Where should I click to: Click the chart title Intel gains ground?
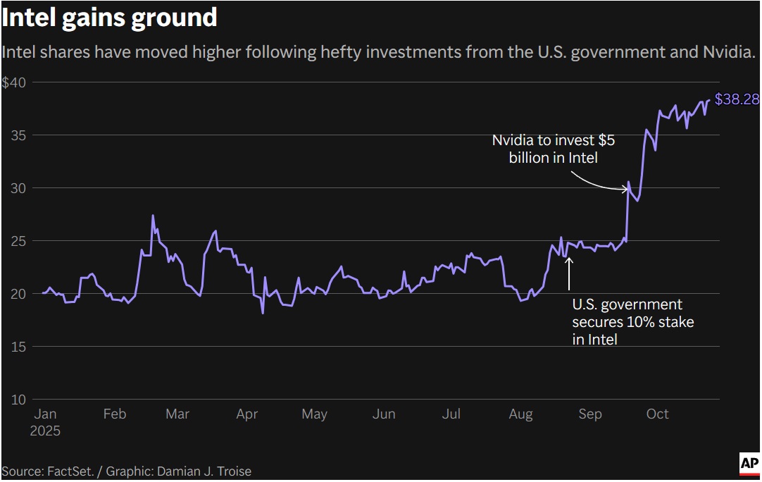(109, 17)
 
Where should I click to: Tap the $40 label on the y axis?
(13, 82)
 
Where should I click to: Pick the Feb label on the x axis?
(115, 414)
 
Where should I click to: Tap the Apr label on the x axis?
(247, 414)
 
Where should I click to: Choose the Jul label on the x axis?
(451, 414)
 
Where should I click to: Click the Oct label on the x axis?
(657, 414)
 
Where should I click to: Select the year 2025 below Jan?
(45, 431)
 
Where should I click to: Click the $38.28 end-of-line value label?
(737, 100)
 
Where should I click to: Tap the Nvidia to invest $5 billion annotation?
(554, 149)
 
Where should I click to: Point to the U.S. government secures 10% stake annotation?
(632, 322)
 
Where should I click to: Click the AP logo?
(749, 463)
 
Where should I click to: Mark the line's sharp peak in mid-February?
(153, 216)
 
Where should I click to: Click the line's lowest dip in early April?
(263, 313)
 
